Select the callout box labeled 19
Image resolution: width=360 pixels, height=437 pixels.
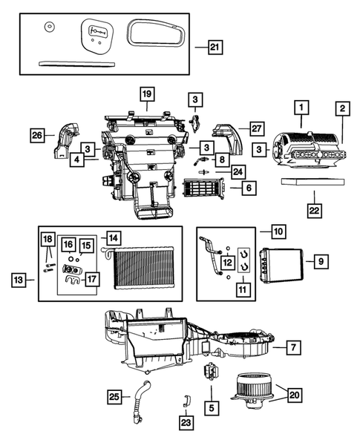(146, 93)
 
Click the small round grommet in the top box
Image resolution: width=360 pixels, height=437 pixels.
(49, 29)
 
